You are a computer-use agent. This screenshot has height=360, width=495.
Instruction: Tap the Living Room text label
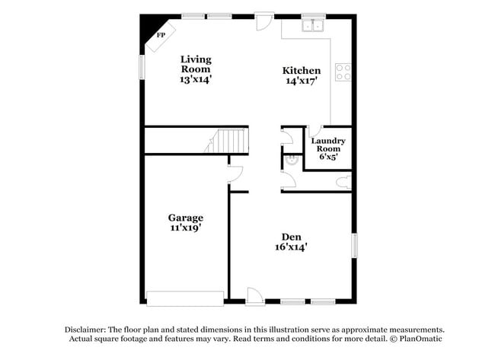196,63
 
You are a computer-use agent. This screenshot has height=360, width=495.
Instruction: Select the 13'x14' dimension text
196,78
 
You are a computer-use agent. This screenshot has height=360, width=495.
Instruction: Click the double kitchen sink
312,27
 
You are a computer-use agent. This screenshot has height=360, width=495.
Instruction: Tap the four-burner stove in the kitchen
343,72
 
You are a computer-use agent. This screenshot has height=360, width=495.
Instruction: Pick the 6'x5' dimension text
329,157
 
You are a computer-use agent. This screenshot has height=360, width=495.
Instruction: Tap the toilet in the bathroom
343,182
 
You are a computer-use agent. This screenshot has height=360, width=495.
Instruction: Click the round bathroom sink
289,161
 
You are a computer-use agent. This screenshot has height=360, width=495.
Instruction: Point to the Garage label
186,218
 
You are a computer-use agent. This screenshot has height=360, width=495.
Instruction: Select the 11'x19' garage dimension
186,228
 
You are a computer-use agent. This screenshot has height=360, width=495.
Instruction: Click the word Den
291,236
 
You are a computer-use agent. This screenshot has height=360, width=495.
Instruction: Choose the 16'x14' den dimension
291,246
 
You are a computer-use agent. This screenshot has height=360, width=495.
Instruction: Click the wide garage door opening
186,298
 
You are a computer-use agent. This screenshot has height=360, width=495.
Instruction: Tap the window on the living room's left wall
142,66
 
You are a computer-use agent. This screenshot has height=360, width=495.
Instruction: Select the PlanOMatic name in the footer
418,339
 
